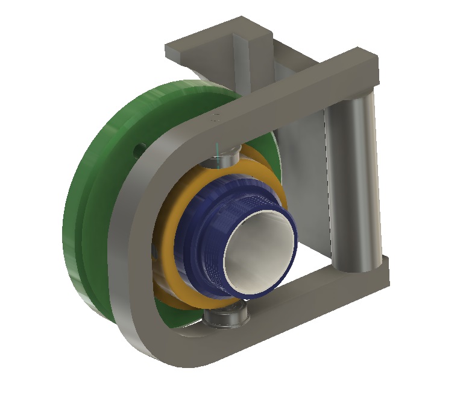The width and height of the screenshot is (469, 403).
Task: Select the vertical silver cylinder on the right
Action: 356,181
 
